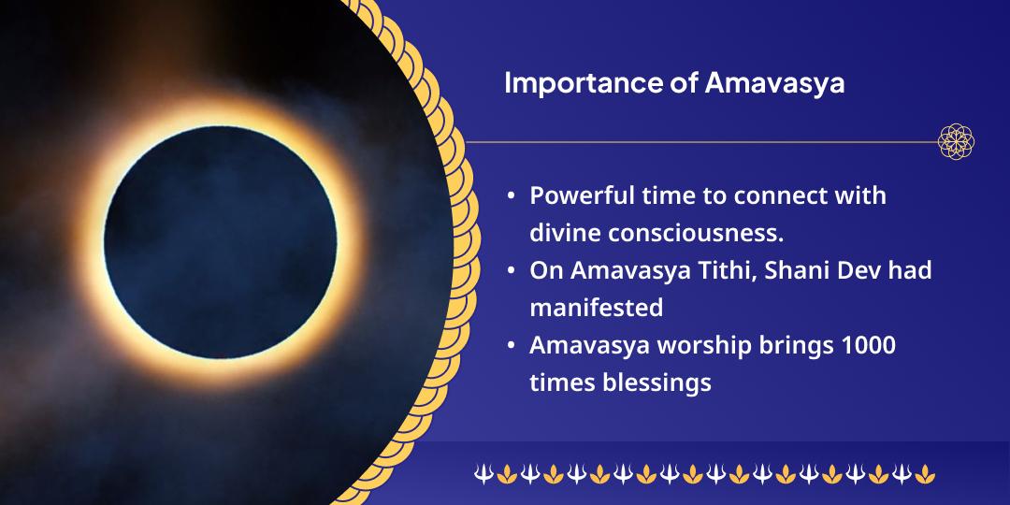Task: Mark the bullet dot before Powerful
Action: pyautogui.click(x=511, y=198)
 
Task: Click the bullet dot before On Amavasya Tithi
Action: pyautogui.click(x=511, y=272)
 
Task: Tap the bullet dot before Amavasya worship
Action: pyautogui.click(x=511, y=346)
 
